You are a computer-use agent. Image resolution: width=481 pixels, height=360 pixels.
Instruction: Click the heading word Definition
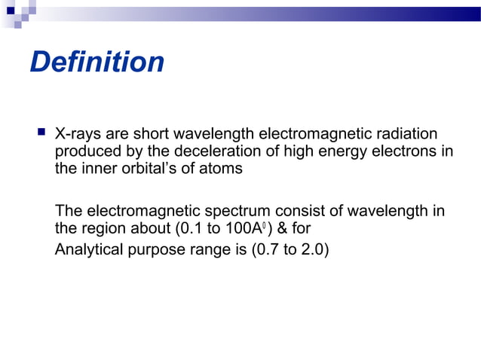coord(97,62)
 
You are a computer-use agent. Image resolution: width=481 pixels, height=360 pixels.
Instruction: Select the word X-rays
coord(78,135)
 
